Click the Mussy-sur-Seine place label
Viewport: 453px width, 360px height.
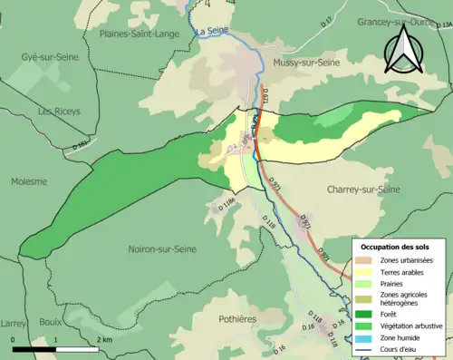tap(312, 63)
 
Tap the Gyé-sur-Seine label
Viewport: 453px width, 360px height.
tap(51, 56)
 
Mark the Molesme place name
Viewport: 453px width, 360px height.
tap(29, 180)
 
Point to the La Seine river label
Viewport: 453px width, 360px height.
tap(211, 32)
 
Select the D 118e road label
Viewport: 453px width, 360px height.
tap(223, 207)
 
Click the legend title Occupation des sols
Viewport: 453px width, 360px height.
tap(396, 246)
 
